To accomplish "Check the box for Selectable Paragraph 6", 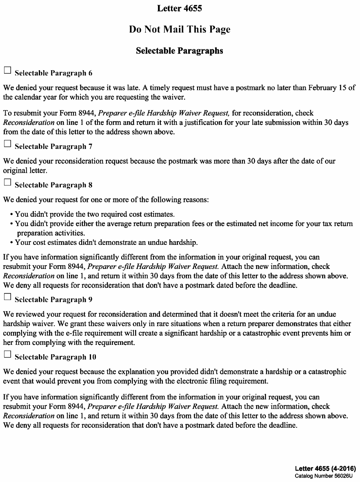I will click(x=7, y=71).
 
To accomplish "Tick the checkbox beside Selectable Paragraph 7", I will click(x=7, y=144).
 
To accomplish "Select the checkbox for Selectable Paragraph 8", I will click(x=7, y=182).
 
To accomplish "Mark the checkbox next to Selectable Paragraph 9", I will click(x=7, y=297).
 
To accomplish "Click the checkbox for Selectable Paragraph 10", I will click(x=7, y=355).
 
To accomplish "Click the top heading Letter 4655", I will click(x=180, y=8).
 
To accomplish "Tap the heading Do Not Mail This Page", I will click(x=180, y=29).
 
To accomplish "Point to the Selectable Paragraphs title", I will click(x=180, y=51).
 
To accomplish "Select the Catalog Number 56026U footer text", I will click(x=325, y=476).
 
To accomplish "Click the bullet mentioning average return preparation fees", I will click(x=184, y=224).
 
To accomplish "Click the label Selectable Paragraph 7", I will click(x=51, y=147).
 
